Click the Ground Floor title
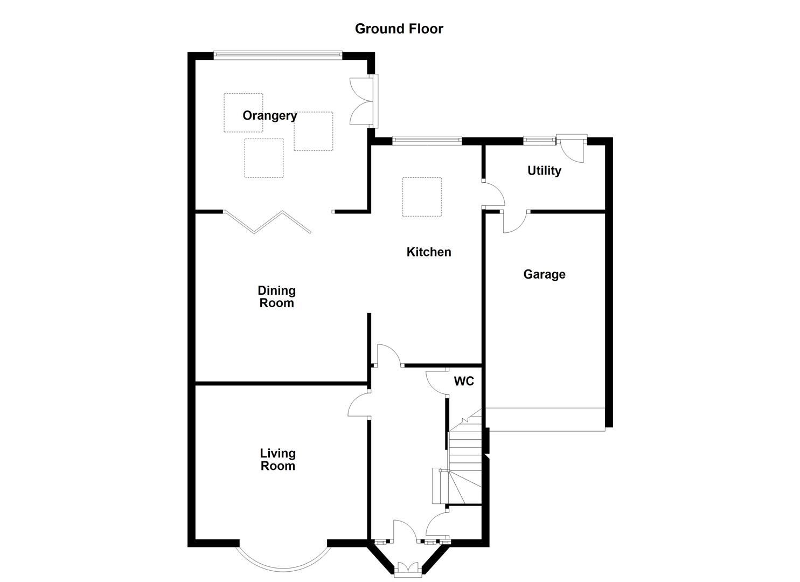tap(399, 29)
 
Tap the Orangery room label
tap(269, 116)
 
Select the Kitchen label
tap(429, 252)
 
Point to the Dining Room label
tap(277, 297)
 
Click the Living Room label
tap(278, 460)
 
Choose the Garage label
tap(544, 275)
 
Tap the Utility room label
tap(544, 171)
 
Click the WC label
tap(464, 382)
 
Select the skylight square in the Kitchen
tap(422, 197)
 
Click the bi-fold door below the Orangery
tap(268, 222)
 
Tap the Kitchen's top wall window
tap(427, 141)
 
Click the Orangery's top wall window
tap(277, 54)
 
